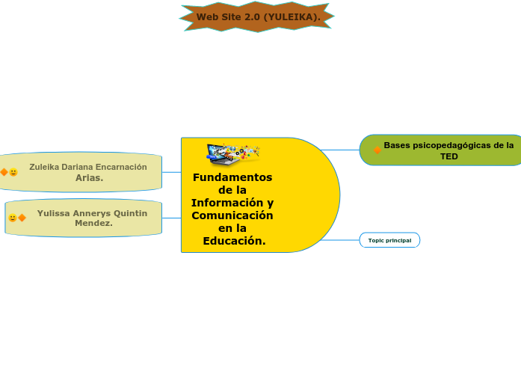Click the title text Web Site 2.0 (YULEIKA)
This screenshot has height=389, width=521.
point(258,16)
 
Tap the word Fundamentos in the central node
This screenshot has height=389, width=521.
point(232,177)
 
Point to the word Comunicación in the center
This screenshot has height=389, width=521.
point(232,215)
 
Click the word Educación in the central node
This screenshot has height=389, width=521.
point(234,241)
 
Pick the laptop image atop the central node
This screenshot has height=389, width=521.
point(232,153)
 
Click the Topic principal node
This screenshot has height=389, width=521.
point(389,240)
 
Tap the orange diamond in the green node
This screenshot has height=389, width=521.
point(377,150)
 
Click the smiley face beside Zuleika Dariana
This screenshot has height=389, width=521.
point(13,172)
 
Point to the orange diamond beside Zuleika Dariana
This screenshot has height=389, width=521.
point(4,172)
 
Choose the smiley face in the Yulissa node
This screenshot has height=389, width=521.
point(12,218)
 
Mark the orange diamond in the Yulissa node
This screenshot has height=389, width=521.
point(22,218)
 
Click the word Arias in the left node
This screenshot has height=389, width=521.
point(89,178)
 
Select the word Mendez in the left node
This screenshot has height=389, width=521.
point(93,223)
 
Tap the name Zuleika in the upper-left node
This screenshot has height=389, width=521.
point(46,167)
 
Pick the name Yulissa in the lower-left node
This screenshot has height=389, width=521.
point(53,213)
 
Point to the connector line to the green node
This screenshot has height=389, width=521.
point(341,150)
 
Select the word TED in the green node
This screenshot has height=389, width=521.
point(448,156)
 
